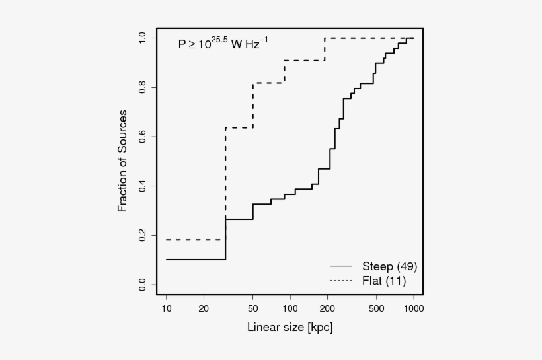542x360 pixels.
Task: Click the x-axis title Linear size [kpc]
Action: click(290, 327)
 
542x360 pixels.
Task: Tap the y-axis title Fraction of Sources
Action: click(122, 161)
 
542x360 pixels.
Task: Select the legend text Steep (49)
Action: click(389, 267)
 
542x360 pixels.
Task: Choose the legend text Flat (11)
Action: click(384, 281)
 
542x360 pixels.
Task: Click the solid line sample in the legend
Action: click(341, 267)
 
